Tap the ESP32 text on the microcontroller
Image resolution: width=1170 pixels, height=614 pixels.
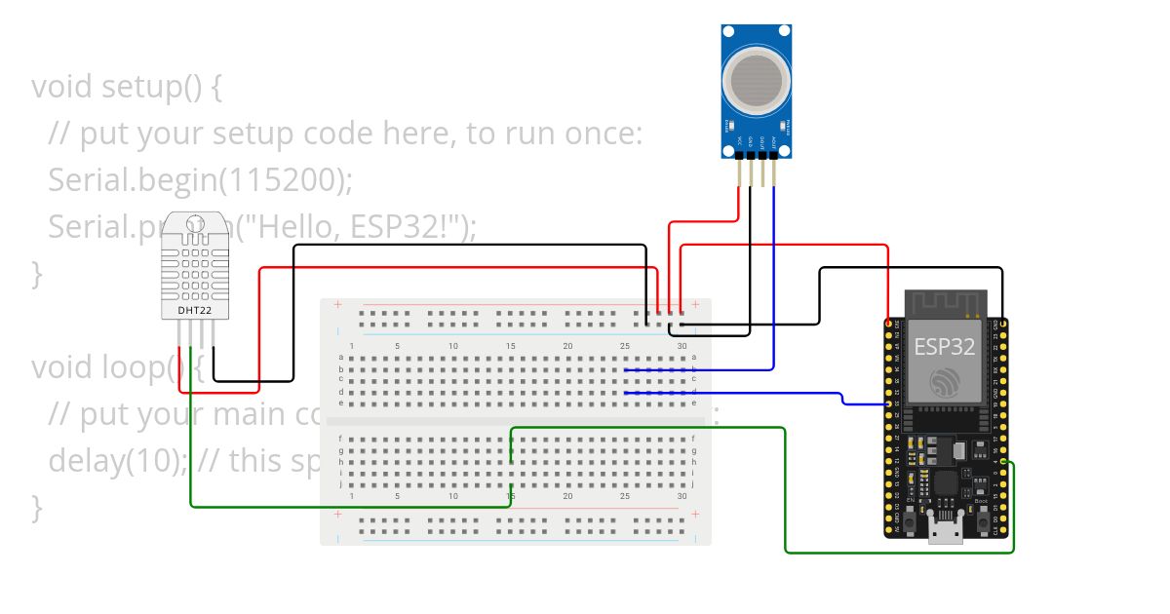pyautogui.click(x=945, y=347)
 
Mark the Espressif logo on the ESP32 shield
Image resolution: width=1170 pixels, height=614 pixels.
pyautogui.click(x=945, y=381)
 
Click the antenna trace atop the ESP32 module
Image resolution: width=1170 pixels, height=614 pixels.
pyautogui.click(x=945, y=303)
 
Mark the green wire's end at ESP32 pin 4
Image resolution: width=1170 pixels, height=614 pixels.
pyautogui.click(x=1002, y=463)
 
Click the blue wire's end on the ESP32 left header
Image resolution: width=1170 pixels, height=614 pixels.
pyautogui.click(x=888, y=403)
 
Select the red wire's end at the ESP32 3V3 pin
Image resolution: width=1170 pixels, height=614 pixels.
pyautogui.click(x=888, y=324)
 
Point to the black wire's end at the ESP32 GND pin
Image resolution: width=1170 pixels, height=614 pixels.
pyautogui.click(x=1002, y=324)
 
